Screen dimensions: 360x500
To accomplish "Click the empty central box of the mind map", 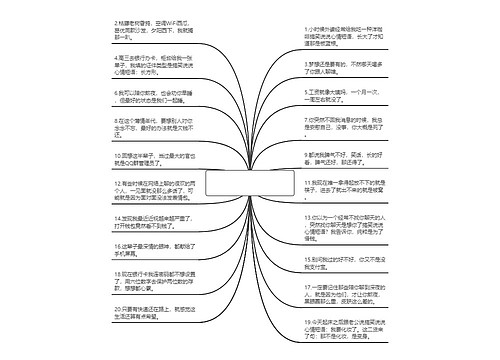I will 250,183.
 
